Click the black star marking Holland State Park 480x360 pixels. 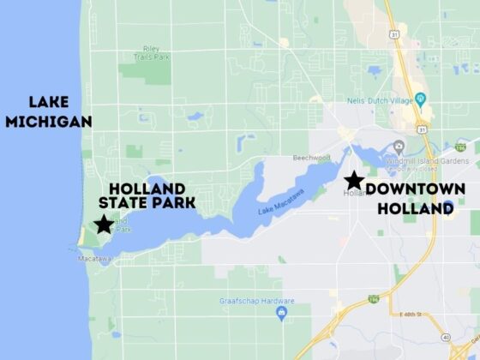104,225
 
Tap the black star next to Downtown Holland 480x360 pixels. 352,180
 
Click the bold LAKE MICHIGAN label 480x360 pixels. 48,111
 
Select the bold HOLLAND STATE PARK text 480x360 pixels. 147,195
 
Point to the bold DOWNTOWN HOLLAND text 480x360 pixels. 415,198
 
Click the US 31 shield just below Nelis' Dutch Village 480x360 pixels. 423,129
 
